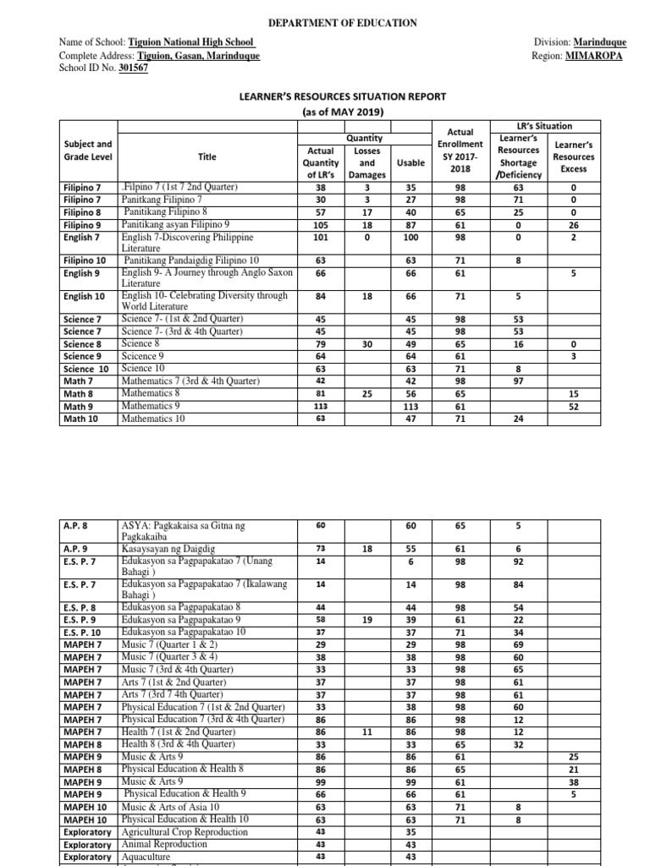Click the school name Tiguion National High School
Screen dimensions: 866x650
[x=191, y=42]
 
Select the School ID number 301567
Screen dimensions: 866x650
[x=134, y=69]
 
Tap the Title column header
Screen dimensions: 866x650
[x=207, y=156]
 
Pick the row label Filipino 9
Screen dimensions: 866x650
[x=82, y=226]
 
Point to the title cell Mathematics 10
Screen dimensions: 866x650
[x=153, y=418]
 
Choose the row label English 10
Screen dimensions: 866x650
[x=84, y=297]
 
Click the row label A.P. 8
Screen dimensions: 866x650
[x=77, y=525]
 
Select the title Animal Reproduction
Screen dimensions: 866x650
[x=163, y=844]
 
